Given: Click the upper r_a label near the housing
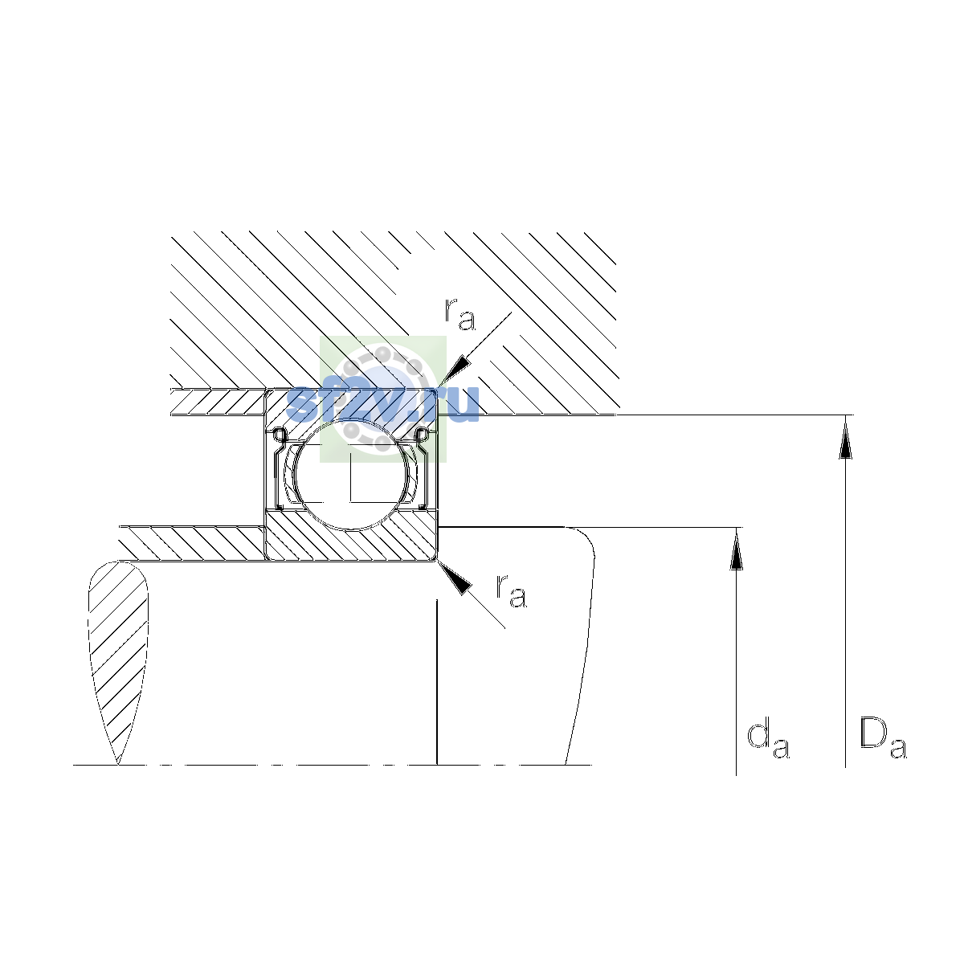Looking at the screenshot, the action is pos(460,314).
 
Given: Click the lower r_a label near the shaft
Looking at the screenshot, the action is pos(511,590).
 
